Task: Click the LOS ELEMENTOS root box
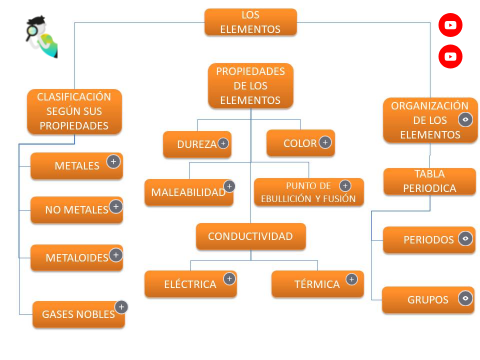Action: point(250,22)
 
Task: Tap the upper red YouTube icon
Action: point(450,26)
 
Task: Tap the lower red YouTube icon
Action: point(450,56)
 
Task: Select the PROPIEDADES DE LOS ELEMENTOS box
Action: point(250,85)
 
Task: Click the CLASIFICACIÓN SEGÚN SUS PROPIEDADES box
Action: point(74,112)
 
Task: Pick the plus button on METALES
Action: point(114,161)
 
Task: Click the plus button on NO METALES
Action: point(116,207)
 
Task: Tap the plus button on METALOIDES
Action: point(116,255)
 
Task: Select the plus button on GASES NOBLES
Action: point(121,307)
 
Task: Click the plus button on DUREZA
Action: point(223,144)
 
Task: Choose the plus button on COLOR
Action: point(326,143)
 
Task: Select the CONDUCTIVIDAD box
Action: point(250,236)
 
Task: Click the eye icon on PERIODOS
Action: point(465,239)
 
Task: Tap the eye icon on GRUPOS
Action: point(465,298)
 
